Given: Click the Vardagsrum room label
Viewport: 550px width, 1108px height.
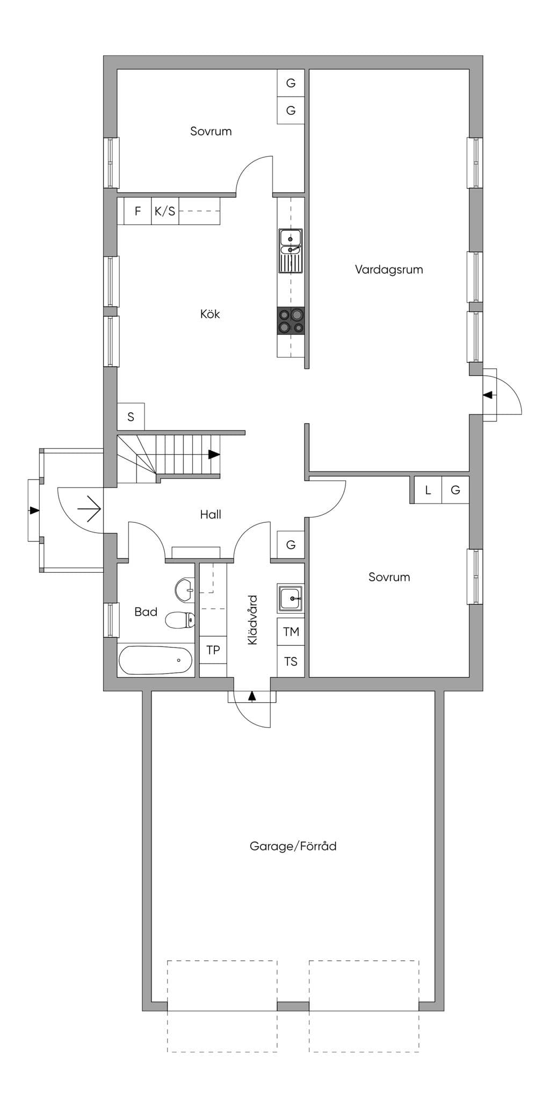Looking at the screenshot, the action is pyautogui.click(x=389, y=269).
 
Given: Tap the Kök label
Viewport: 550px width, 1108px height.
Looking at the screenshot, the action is pyautogui.click(x=210, y=314).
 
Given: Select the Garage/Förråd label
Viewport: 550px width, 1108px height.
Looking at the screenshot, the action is pyautogui.click(x=293, y=846).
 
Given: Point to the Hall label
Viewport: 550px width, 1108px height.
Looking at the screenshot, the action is pyautogui.click(x=211, y=514).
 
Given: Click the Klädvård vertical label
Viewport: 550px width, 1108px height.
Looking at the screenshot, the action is pyautogui.click(x=252, y=619).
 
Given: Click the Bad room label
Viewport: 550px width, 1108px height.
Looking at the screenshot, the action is pyautogui.click(x=146, y=611).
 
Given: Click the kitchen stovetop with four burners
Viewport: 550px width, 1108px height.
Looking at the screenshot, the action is pyautogui.click(x=291, y=321).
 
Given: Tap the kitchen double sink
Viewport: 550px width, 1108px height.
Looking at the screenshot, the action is pyautogui.click(x=291, y=251).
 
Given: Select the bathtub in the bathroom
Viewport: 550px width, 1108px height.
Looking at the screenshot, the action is pyautogui.click(x=156, y=660).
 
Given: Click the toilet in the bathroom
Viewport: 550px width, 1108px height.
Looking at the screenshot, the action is pyautogui.click(x=179, y=620).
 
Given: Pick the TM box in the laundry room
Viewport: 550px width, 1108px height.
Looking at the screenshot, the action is pyautogui.click(x=291, y=632).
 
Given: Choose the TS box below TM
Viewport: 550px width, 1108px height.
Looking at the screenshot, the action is pyautogui.click(x=291, y=661).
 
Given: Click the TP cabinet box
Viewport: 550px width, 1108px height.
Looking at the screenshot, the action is pyautogui.click(x=213, y=650).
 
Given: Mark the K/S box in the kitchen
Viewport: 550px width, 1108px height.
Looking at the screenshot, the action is pyautogui.click(x=165, y=211).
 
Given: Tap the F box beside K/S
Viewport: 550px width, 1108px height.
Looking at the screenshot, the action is pyautogui.click(x=138, y=211).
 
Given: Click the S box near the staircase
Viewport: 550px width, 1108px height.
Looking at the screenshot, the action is pyautogui.click(x=131, y=417).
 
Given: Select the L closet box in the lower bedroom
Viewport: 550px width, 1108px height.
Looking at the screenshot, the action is pyautogui.click(x=428, y=490).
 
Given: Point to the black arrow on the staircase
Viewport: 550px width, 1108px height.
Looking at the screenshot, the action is pyautogui.click(x=214, y=454).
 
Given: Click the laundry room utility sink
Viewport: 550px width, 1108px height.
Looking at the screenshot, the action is pyautogui.click(x=291, y=598).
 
